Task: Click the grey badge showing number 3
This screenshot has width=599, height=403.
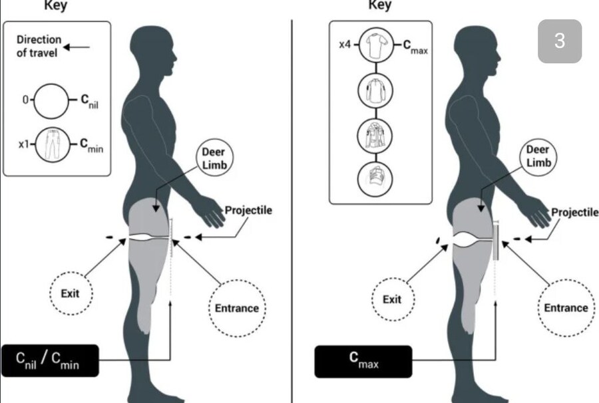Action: click(559, 41)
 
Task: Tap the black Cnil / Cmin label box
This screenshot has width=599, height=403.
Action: click(50, 360)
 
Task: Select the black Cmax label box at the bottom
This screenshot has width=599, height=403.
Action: click(363, 360)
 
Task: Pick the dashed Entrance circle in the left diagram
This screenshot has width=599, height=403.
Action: click(236, 308)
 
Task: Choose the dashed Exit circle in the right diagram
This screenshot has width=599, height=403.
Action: click(393, 299)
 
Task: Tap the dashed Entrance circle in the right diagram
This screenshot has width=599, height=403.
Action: click(566, 308)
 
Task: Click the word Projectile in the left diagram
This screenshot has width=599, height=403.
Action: click(248, 211)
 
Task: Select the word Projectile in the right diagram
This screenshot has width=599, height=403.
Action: click(575, 212)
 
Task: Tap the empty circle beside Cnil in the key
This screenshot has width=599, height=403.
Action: click(51, 100)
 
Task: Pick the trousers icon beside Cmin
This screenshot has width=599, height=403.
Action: click(51, 144)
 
